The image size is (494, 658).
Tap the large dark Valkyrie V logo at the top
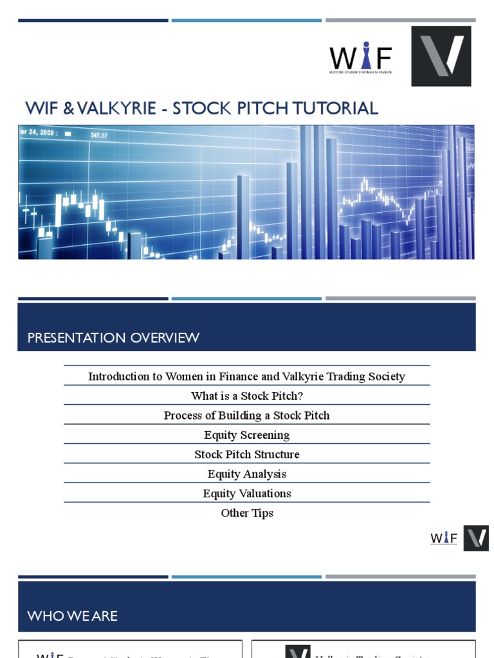(441, 56)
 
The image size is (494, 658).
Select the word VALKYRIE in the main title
(118, 108)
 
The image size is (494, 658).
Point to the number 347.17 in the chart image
(98, 136)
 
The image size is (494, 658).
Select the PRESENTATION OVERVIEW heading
(113, 338)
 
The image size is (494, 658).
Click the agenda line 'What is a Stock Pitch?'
(247, 396)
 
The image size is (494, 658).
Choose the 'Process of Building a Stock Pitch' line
(247, 416)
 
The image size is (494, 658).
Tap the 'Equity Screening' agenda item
(247, 435)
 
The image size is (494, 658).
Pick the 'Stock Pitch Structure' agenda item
(247, 454)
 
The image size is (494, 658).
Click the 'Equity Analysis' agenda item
(247, 474)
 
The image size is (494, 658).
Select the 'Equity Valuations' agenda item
(247, 493)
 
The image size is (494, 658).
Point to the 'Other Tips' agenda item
(247, 513)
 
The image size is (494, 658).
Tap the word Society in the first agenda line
(384, 377)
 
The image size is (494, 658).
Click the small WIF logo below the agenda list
(444, 538)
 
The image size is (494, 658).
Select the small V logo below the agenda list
(476, 538)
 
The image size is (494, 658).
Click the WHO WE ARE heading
(73, 616)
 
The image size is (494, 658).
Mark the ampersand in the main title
(66, 108)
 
